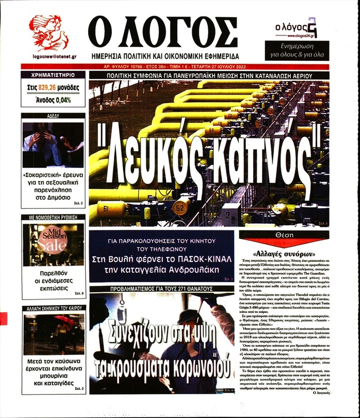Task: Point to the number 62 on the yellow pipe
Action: click(179, 209)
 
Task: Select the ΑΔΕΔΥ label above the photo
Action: click(54, 116)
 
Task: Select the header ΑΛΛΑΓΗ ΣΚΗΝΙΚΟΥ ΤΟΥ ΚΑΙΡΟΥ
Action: click(54, 308)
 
